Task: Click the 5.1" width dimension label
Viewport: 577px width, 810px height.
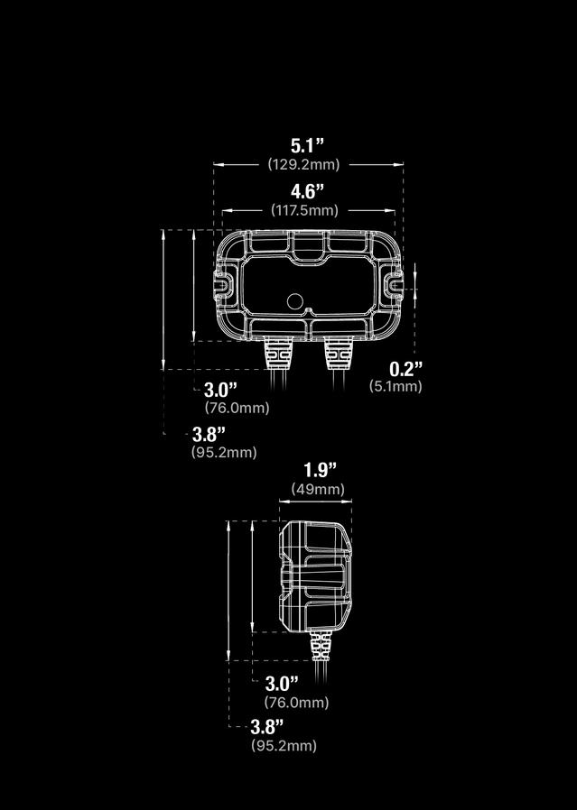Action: [x=307, y=144]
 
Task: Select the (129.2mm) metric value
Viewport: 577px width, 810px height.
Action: [x=304, y=164]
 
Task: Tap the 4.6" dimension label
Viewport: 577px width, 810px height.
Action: [x=307, y=190]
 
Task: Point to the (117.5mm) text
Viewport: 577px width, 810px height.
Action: [x=305, y=210]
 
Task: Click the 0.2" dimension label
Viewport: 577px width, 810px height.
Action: [x=406, y=368]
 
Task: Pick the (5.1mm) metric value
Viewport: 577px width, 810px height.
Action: [x=396, y=386]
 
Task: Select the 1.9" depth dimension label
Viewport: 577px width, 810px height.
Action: [x=320, y=469]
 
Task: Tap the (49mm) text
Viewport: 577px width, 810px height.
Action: [x=318, y=489]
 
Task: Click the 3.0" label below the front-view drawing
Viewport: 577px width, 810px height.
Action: [x=220, y=390]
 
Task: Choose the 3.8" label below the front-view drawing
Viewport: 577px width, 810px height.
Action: [x=209, y=434]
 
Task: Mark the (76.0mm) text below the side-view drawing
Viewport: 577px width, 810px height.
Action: [x=296, y=703]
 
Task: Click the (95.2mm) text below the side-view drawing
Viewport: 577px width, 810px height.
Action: [x=284, y=746]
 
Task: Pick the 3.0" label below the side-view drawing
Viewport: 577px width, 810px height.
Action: [x=282, y=684]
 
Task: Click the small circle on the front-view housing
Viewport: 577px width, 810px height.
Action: [x=294, y=300]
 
